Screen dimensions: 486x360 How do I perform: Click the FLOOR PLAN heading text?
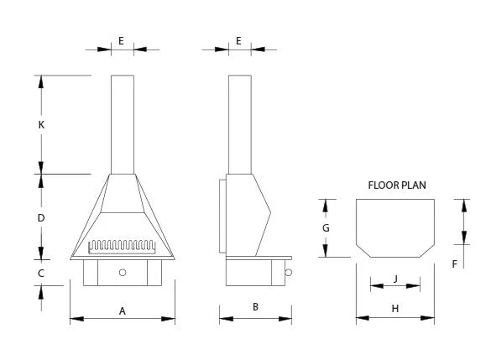[397, 185]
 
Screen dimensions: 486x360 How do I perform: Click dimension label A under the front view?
[123, 311]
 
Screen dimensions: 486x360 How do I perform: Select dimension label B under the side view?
[255, 307]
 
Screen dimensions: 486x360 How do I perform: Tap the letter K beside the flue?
[41, 125]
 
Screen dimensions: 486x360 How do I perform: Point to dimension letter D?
[41, 218]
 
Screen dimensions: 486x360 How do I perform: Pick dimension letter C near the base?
[41, 274]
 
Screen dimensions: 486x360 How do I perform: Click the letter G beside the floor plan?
[326, 228]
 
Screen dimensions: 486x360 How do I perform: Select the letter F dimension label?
[454, 264]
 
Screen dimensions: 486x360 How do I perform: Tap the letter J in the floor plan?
[395, 279]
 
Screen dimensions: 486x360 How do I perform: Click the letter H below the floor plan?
[395, 309]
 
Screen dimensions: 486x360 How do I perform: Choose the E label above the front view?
[121, 40]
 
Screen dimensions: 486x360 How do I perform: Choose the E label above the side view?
[238, 40]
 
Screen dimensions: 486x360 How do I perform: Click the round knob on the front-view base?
[123, 273]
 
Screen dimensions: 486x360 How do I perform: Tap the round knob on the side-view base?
[288, 273]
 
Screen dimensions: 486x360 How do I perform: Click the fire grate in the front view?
[122, 247]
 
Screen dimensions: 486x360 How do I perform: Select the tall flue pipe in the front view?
[123, 124]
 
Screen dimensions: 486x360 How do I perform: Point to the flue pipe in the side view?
[240, 124]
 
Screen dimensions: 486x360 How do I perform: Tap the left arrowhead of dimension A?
[76, 319]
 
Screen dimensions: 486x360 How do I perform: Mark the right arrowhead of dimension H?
[428, 318]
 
